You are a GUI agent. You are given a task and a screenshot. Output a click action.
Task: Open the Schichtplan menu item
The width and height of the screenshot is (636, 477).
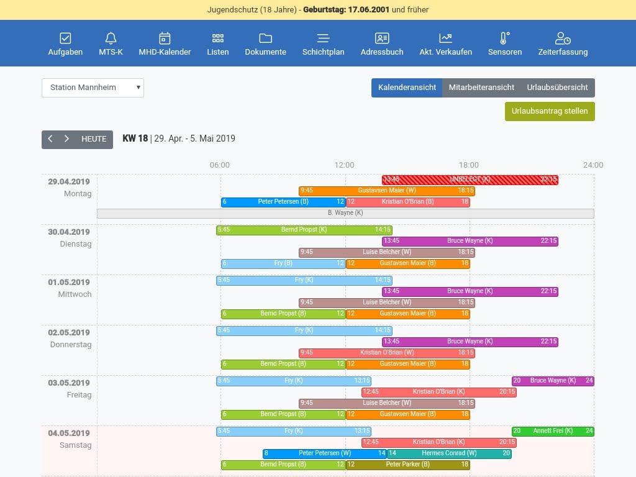[x=323, y=44]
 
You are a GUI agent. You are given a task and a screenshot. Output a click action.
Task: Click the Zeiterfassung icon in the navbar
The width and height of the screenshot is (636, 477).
[x=563, y=39]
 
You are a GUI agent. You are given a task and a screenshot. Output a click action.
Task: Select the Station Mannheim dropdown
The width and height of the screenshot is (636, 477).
[x=93, y=88]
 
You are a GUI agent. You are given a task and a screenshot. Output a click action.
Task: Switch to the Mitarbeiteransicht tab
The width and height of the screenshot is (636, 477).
[x=481, y=88]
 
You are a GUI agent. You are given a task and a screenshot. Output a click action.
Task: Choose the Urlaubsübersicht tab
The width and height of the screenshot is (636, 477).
[x=557, y=88]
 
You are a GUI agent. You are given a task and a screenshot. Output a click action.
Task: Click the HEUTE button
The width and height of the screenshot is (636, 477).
[x=94, y=139]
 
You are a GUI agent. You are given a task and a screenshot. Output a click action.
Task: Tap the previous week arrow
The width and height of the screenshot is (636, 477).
[x=50, y=139]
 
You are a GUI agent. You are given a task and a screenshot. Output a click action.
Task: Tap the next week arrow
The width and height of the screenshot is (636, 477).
[x=66, y=139]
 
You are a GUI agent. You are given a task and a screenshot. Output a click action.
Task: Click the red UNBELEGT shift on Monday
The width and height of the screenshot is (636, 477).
[x=470, y=179]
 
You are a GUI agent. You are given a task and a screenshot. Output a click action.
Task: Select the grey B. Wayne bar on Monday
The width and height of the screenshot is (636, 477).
[x=345, y=213]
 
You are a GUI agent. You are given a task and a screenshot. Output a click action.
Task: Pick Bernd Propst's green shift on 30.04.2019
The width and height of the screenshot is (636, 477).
[x=304, y=230]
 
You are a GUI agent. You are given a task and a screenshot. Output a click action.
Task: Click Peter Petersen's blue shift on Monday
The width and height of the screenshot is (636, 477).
[x=283, y=202]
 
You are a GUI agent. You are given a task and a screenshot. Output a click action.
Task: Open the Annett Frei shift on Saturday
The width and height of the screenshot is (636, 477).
[x=552, y=431]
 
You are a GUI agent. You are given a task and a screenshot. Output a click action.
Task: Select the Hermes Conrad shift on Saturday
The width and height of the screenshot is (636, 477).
[x=449, y=453]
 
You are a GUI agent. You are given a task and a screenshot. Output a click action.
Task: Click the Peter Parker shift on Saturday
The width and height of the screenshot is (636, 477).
[x=407, y=465]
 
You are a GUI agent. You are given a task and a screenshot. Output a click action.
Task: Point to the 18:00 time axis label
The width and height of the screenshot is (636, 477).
[x=469, y=165]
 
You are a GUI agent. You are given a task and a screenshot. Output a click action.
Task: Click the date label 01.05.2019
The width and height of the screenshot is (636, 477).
[x=69, y=283]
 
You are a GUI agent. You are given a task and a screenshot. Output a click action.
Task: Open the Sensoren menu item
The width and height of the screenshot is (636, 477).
[x=504, y=44]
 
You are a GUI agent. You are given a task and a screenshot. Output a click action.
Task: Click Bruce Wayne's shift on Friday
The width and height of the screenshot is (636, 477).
[x=552, y=381]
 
